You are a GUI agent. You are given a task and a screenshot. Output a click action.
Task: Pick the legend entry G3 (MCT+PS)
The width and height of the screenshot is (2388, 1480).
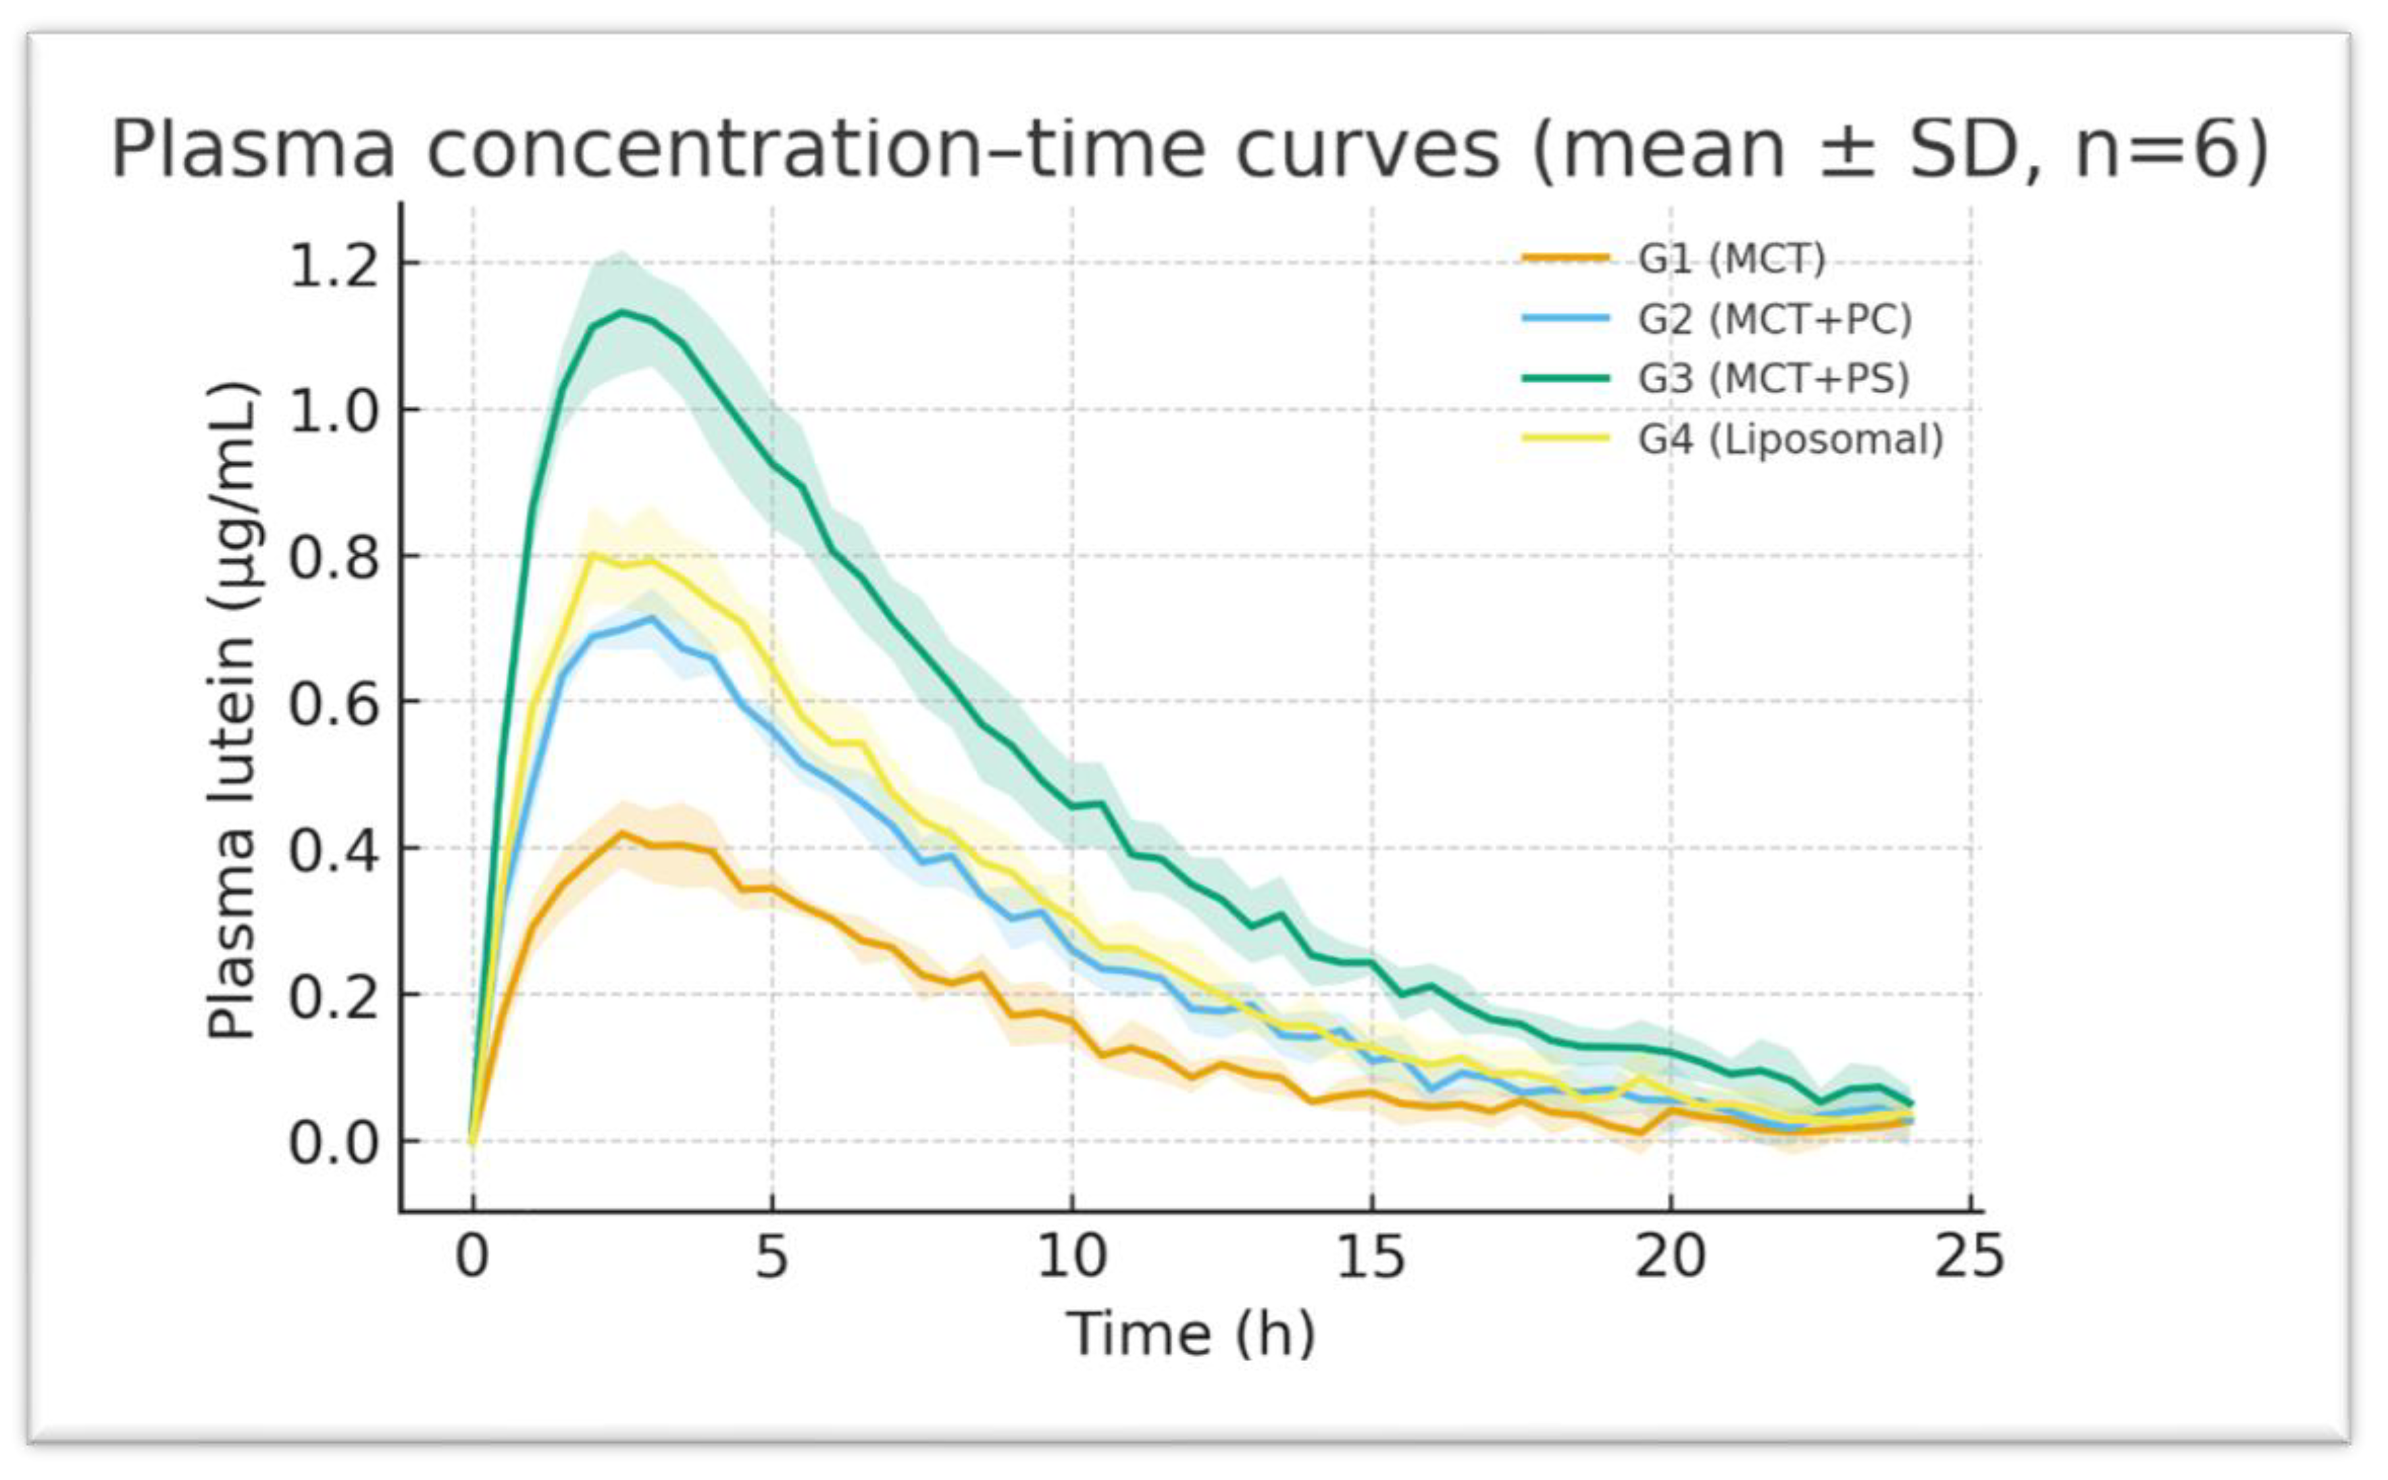click(x=1773, y=379)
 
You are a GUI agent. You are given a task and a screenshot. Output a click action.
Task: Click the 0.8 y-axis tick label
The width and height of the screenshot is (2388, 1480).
click(x=334, y=558)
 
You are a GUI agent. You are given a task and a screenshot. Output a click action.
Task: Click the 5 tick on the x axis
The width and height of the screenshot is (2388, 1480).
click(x=771, y=1257)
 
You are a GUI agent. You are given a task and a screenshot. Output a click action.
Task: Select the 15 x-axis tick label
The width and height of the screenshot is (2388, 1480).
click(x=1370, y=1257)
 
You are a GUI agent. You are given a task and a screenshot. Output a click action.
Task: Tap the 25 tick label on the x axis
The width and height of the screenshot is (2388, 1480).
click(x=1969, y=1257)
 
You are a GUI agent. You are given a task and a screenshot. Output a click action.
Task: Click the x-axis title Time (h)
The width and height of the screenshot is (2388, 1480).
click(x=1191, y=1334)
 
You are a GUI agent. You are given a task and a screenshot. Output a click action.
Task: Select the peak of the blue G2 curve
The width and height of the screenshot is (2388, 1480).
click(x=653, y=617)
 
